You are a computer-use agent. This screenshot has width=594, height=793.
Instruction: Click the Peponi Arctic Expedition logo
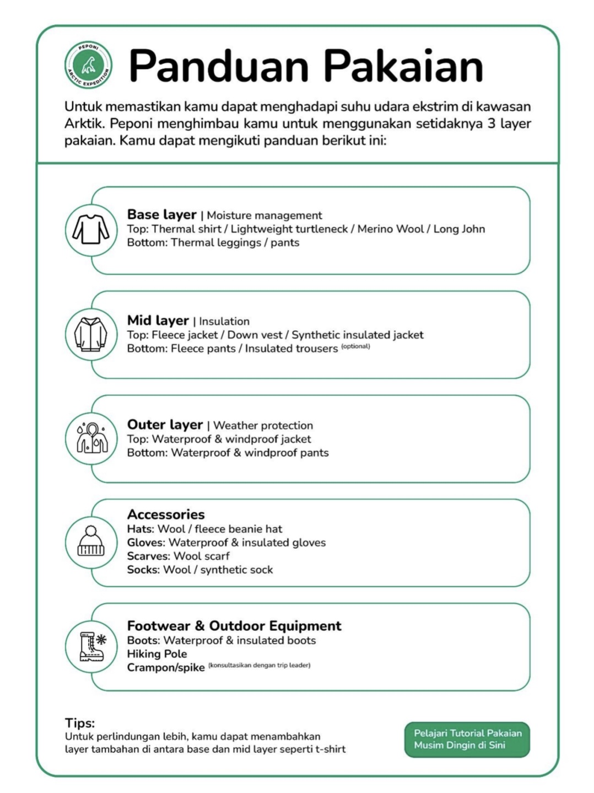click(88, 65)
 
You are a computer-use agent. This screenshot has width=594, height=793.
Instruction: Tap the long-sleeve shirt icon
click(91, 229)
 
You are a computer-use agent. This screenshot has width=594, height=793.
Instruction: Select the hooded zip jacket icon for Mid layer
click(91, 334)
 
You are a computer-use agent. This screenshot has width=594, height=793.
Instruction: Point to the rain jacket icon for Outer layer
click(91, 438)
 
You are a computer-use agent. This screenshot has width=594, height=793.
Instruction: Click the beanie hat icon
click(91, 542)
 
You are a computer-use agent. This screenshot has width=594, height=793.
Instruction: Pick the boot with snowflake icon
click(91, 646)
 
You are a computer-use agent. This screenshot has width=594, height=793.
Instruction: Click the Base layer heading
click(161, 215)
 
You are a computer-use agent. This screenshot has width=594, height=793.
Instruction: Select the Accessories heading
click(166, 515)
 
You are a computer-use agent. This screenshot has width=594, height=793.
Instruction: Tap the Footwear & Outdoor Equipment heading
click(234, 626)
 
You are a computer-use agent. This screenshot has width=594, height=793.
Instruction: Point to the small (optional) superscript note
click(355, 346)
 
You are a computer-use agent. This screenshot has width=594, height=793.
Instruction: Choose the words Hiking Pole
click(157, 654)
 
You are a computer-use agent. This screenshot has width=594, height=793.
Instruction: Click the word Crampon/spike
click(166, 668)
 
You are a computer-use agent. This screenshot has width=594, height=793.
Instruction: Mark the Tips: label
click(80, 723)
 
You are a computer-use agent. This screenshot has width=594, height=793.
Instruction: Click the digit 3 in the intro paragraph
click(492, 124)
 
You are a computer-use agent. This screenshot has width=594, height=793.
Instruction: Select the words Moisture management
click(264, 216)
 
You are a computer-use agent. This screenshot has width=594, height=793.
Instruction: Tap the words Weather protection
click(263, 426)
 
